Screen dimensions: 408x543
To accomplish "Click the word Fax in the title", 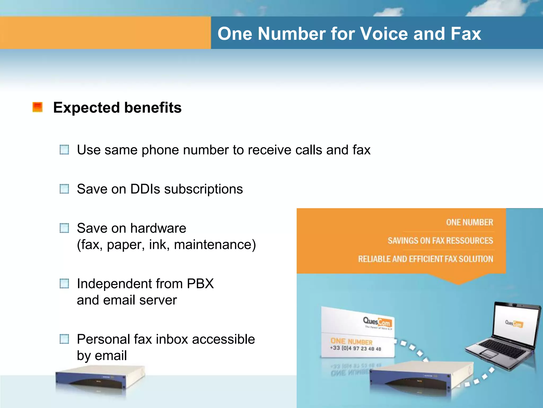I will [466, 34].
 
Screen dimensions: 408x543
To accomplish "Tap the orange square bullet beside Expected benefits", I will [38, 107].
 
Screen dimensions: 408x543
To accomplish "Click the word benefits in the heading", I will [153, 108].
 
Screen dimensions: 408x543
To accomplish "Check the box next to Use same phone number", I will [64, 150].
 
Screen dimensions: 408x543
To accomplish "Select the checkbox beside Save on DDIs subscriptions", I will [64, 189].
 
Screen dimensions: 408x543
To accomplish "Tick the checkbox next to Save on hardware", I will [64, 228].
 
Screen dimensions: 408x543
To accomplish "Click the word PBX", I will [200, 284].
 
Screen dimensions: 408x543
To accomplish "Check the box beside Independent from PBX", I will [64, 283].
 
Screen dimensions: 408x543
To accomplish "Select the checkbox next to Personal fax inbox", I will [64, 339].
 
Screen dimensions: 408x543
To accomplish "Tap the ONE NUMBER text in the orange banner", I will [469, 222].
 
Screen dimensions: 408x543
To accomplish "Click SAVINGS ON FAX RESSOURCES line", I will [440, 241].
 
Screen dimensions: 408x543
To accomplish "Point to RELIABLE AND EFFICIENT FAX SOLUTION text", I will [425, 259].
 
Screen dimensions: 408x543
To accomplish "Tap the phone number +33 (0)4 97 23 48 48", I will [355, 348].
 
